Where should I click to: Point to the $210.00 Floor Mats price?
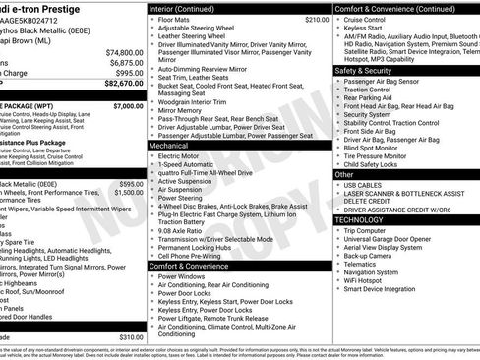pos(289,19)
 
